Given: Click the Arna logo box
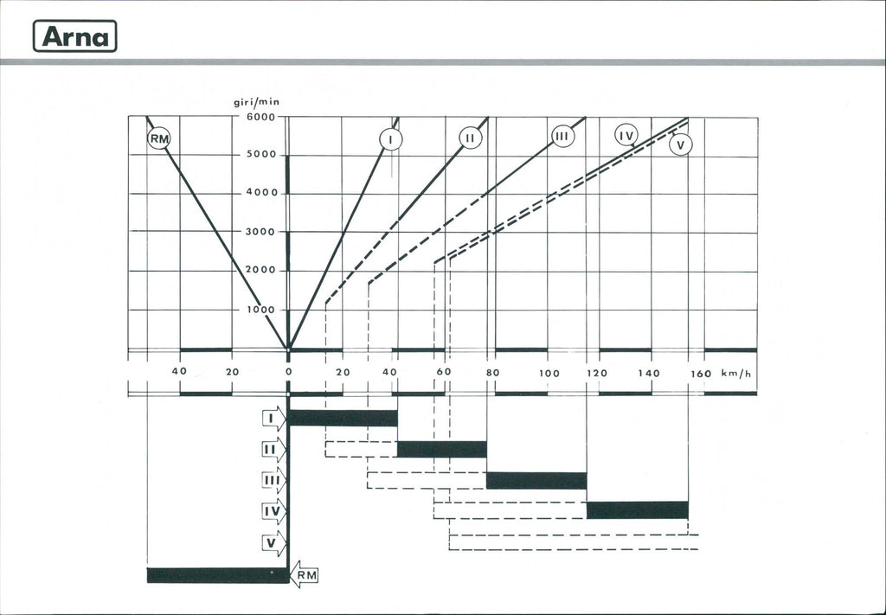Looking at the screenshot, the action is pyautogui.click(x=74, y=36).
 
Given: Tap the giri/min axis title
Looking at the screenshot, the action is pyautogui.click(x=256, y=102).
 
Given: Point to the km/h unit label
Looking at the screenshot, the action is pyautogui.click(x=736, y=373).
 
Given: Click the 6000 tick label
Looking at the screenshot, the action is pyautogui.click(x=260, y=117).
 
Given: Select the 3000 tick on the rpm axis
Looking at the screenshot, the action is pyautogui.click(x=260, y=232).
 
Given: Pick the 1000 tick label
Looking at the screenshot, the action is pyautogui.click(x=260, y=310).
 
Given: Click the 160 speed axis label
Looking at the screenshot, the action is pyautogui.click(x=701, y=374).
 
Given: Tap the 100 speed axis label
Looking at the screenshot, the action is pyautogui.click(x=549, y=374).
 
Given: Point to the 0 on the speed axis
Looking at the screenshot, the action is pyautogui.click(x=288, y=372).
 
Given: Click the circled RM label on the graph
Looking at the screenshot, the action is pyautogui.click(x=159, y=138).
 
